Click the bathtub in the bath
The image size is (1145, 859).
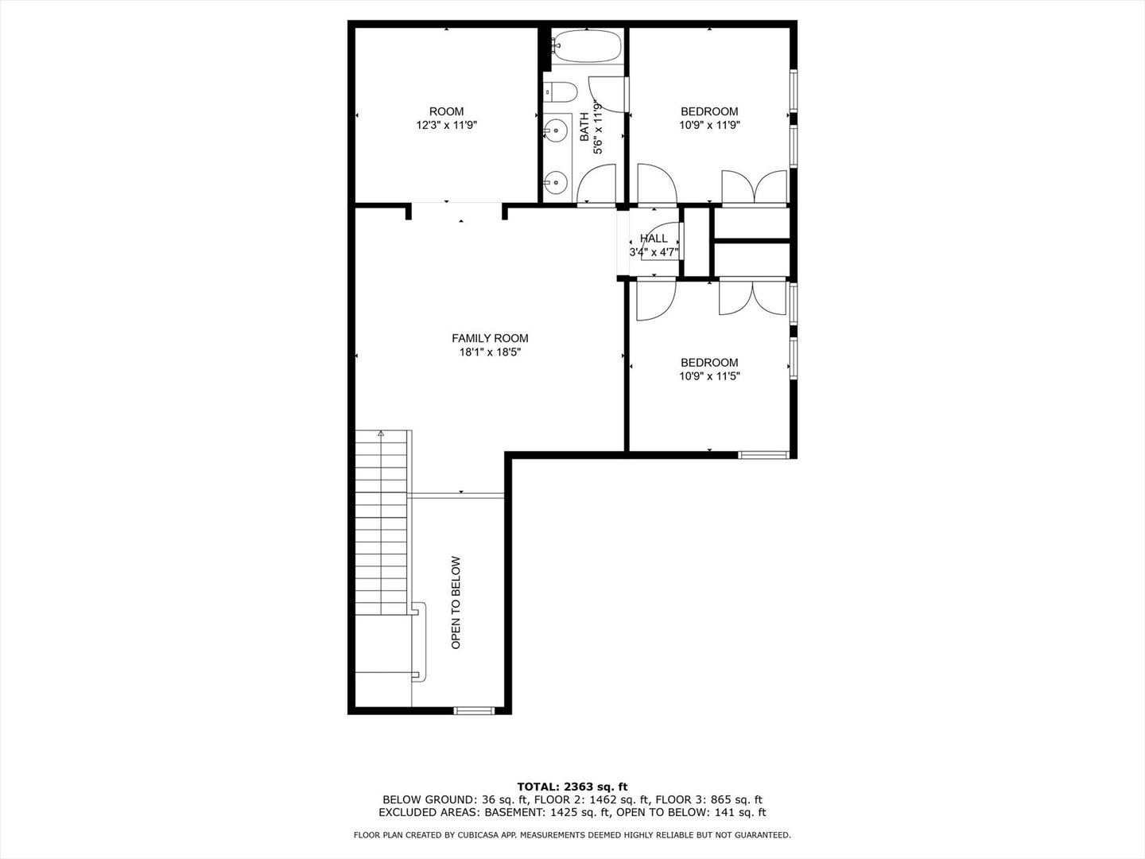coord(588,46)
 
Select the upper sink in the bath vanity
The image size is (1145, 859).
coord(557,128)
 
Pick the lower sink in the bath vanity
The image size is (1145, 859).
coord(557,182)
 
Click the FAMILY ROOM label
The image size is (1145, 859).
coord(490,338)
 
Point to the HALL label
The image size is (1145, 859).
coord(654,239)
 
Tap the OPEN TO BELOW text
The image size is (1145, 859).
coord(456,602)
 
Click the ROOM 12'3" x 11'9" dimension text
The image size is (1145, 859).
coord(447,125)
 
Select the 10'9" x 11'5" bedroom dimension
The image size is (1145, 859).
coord(709,376)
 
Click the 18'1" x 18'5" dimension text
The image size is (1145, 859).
coord(490,352)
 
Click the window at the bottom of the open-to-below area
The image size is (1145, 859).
coord(474,709)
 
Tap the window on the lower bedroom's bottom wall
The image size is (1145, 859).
coord(763,455)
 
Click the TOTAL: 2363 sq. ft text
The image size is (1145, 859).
coord(572,787)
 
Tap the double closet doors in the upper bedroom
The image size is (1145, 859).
coord(755,187)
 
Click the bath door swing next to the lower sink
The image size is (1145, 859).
coord(596,183)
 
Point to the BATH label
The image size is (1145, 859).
coord(584,126)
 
